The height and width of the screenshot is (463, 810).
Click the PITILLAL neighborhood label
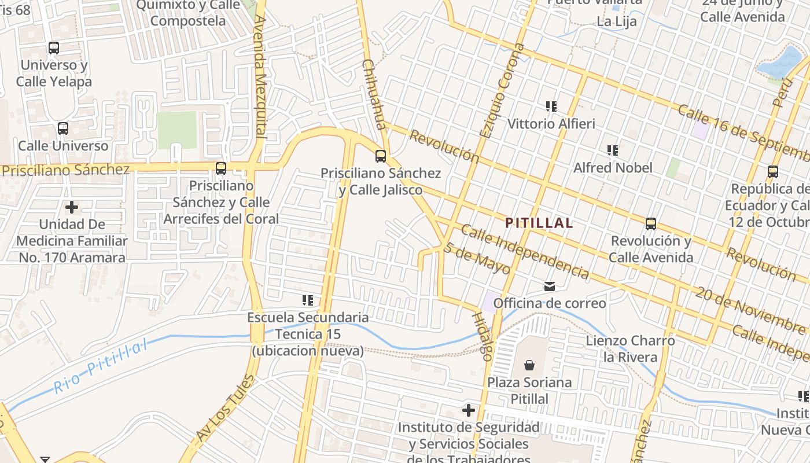pyautogui.click(x=539, y=223)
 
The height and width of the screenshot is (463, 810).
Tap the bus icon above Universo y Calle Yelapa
pyautogui.click(x=54, y=48)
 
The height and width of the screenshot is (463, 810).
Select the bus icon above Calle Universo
pyautogui.click(x=62, y=128)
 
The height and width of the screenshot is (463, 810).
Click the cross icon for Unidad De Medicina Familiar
pyautogui.click(x=72, y=207)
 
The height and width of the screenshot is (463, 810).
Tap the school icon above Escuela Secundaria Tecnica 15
pyautogui.click(x=307, y=300)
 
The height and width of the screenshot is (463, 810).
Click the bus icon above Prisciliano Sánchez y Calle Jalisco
pyautogui.click(x=380, y=156)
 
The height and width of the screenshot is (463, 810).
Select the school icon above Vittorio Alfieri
pyautogui.click(x=551, y=106)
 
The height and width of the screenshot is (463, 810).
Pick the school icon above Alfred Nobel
pyautogui.click(x=613, y=150)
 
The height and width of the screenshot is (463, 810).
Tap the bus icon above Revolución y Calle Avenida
pyautogui.click(x=651, y=224)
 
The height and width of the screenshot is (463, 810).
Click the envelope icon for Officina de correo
pyautogui.click(x=549, y=286)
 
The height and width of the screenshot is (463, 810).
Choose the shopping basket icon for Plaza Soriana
pyautogui.click(x=529, y=365)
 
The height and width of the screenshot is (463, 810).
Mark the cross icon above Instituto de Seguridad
pyautogui.click(x=468, y=411)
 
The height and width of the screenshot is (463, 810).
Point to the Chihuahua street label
pyautogui.click(x=373, y=93)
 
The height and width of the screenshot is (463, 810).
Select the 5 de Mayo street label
pyautogui.click(x=477, y=258)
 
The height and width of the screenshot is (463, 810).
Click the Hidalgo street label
pyautogui.click(x=482, y=336)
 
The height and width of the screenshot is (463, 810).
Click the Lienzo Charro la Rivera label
pyautogui.click(x=630, y=348)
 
